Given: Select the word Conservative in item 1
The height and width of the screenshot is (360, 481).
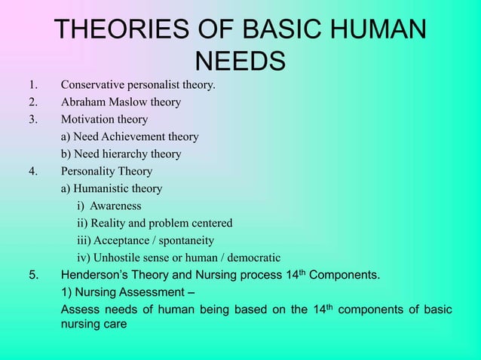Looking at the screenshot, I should pyautogui.click(x=93, y=85).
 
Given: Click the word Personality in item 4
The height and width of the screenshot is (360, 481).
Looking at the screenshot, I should pyautogui.click(x=90, y=172).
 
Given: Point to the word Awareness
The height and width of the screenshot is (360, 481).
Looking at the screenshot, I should pyautogui.click(x=116, y=206).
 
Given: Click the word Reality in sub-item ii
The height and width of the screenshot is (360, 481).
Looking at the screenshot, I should pyautogui.click(x=111, y=224).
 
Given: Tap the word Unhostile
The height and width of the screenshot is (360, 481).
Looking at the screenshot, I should pyautogui.click(x=119, y=258).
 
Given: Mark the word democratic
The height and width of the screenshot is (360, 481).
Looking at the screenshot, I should pyautogui.click(x=252, y=258).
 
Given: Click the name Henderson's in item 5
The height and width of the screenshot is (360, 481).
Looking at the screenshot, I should pyautogui.click(x=95, y=276).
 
